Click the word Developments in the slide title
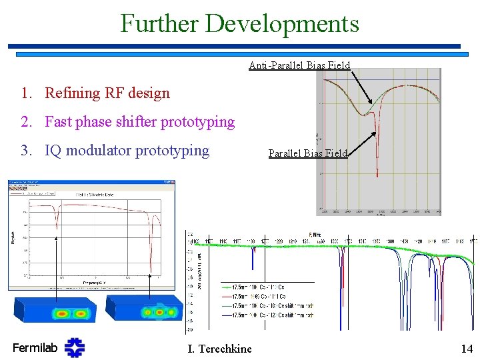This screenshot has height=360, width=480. tap(283, 23)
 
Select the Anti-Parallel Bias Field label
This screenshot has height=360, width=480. tap(299, 65)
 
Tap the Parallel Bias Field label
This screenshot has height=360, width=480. tap(308, 153)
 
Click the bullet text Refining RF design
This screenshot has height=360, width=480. tap(107, 93)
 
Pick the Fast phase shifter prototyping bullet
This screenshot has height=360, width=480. tap(139, 121)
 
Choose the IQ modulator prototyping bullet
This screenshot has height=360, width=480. tap(127, 150)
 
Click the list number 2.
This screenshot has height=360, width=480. tap(25, 121)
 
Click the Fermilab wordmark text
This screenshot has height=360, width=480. tap(35, 347)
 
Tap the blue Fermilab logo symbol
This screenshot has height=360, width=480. tap(75, 347)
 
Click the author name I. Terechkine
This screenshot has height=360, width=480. tap(220, 349)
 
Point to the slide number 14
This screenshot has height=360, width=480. tap(466, 348)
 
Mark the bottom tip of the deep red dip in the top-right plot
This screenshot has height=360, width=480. tap(377, 176)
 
